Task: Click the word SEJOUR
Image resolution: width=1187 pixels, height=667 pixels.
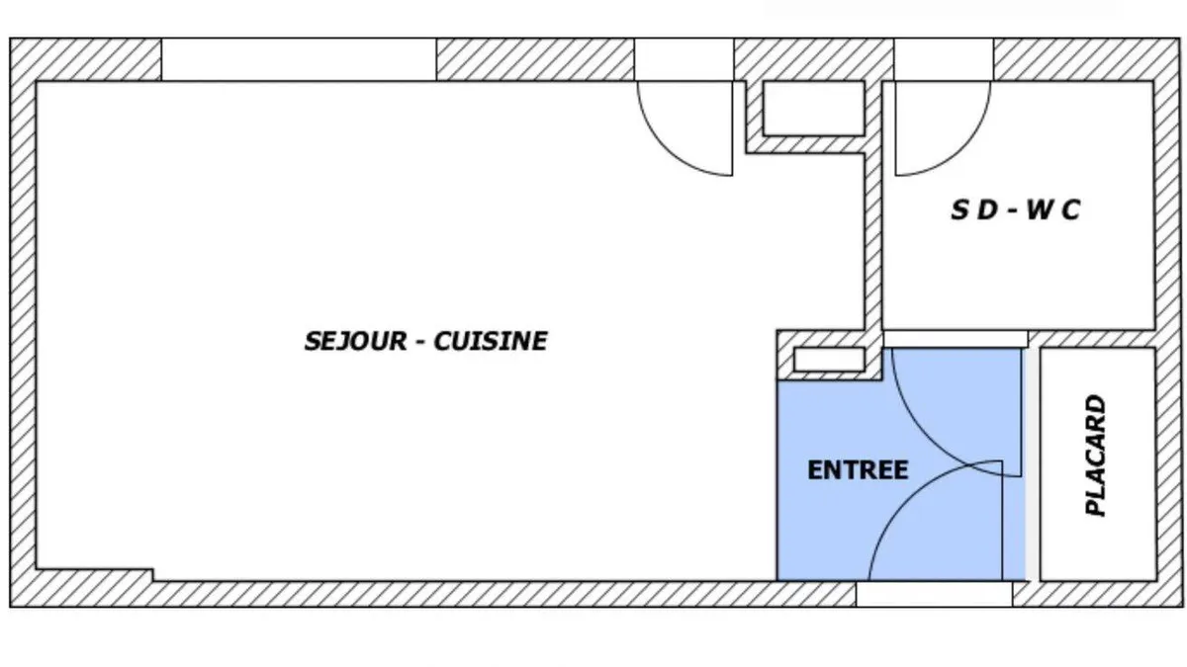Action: click(355, 342)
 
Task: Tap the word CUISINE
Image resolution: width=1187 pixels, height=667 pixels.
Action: click(491, 342)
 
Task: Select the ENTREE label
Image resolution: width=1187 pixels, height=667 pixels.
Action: click(858, 470)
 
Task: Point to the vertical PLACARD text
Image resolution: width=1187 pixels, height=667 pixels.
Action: click(1096, 456)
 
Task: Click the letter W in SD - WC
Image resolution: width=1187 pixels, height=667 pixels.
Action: click(1041, 209)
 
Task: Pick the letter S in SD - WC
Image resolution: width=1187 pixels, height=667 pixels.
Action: click(959, 209)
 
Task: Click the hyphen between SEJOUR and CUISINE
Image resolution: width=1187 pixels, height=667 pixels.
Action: click(420, 343)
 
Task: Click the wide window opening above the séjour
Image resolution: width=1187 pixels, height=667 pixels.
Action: click(299, 59)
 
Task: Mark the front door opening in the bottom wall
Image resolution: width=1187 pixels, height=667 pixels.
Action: click(934, 594)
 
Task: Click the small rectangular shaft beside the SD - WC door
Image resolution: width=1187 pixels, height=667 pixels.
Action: click(813, 109)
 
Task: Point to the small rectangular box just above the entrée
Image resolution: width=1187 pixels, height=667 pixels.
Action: click(829, 360)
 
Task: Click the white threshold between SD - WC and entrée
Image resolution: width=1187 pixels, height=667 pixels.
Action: click(956, 339)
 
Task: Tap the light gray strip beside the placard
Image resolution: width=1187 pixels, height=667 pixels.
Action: click(1031, 464)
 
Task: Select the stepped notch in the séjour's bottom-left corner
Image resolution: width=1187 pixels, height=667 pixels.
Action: click(95, 575)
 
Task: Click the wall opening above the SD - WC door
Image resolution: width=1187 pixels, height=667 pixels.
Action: click(944, 59)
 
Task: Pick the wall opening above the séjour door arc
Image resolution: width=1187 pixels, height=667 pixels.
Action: click(685, 59)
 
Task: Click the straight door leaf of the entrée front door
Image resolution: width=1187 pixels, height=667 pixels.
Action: click(1002, 521)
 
